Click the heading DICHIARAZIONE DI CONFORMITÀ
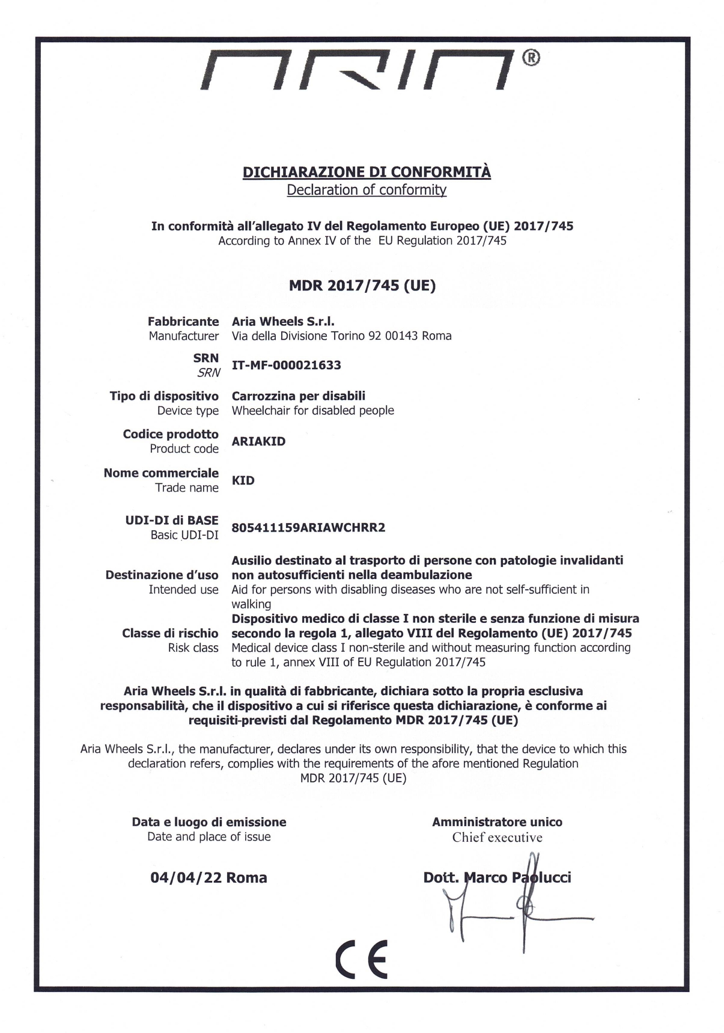pos(367,173)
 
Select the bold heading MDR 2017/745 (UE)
pos(362,286)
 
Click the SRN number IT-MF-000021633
pos(286,365)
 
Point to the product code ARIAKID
pos(258,441)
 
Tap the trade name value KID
pos(243,480)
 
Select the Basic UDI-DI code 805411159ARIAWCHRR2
pos(308,528)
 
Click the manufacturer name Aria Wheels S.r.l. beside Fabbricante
pos(283,322)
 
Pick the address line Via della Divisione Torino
pos(341,336)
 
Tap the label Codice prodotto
pos(171,434)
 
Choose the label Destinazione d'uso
pos(162,575)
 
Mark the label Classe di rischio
pos(170,633)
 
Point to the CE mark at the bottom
pos(362,959)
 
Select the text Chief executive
pos(497,838)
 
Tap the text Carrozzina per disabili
pos(299,396)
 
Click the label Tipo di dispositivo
pos(164,396)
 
